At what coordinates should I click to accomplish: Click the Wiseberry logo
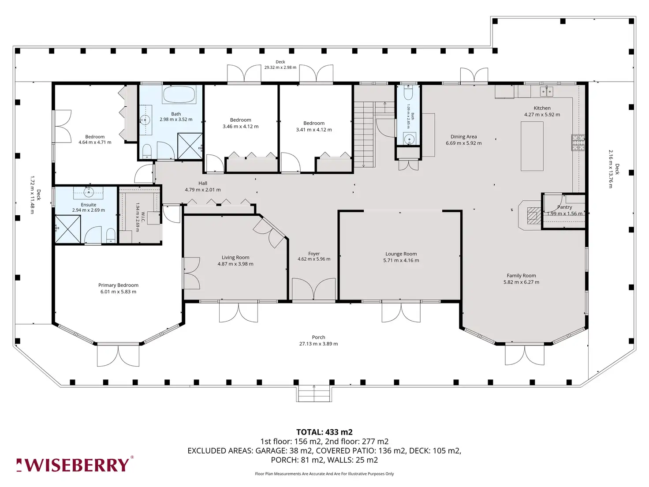[x=75, y=465]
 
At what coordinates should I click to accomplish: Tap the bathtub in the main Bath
[x=179, y=94]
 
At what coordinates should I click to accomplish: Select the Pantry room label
[x=564, y=207]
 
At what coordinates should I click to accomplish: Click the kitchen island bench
[x=532, y=146]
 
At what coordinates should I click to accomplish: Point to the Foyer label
[x=314, y=254]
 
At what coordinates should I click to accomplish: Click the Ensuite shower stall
[x=68, y=229]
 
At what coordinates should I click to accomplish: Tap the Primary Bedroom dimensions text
[x=118, y=292]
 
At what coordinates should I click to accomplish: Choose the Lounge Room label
[x=401, y=254]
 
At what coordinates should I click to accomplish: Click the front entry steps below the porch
[x=314, y=394]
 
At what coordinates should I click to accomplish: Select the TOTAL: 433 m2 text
[x=324, y=432]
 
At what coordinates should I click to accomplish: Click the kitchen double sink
[x=547, y=92]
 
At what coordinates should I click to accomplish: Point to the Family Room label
[x=521, y=276]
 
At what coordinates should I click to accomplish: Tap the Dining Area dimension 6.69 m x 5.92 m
[x=464, y=143]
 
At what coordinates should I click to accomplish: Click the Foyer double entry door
[x=314, y=289]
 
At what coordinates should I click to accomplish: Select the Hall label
[x=203, y=184]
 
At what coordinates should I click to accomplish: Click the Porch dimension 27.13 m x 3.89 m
[x=318, y=344]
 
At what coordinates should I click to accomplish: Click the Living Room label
[x=235, y=258]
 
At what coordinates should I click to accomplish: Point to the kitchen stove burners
[x=578, y=142]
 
